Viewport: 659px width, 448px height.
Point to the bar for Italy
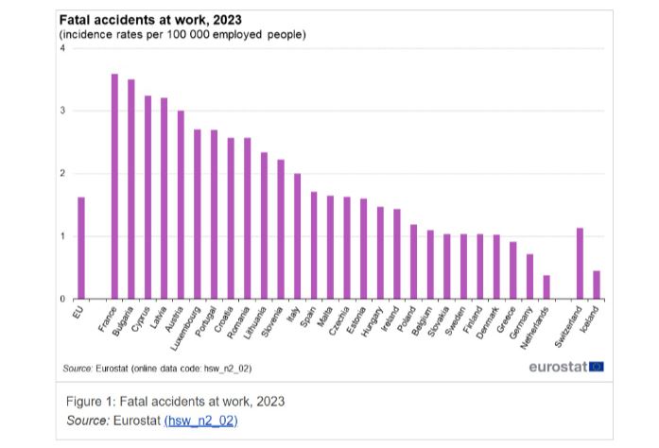[x=297, y=236]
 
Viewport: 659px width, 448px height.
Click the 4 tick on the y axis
[x=63, y=48]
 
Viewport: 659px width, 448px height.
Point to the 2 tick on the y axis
[x=63, y=174]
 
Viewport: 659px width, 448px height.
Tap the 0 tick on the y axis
[x=63, y=299]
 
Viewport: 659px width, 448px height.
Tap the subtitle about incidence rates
[x=182, y=34]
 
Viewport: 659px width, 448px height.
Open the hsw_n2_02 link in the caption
[x=200, y=420]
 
